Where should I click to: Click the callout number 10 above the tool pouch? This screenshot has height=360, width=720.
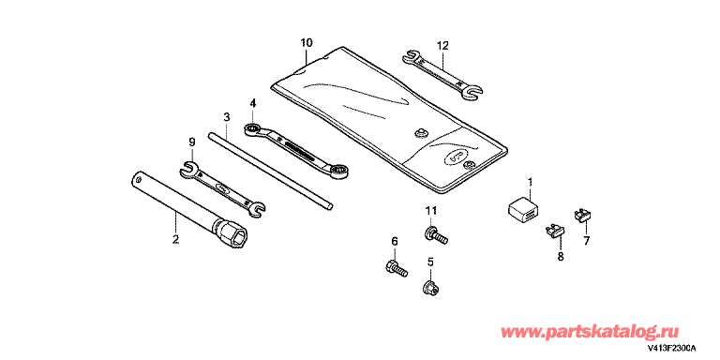[x=307, y=43]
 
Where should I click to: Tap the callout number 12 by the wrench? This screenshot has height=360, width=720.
[x=442, y=45]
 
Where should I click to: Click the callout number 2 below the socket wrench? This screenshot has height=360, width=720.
[x=175, y=239]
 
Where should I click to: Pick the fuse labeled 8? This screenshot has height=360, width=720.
[x=555, y=230]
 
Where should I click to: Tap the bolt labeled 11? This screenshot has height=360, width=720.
[x=436, y=234]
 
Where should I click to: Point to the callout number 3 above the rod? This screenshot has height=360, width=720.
[x=226, y=116]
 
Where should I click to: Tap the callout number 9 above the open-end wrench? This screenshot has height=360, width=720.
[x=192, y=142]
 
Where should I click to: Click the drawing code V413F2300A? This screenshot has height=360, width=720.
[x=672, y=350]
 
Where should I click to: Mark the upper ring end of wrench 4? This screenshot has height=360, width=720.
[x=252, y=129]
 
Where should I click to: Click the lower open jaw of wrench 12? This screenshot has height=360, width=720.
[x=472, y=92]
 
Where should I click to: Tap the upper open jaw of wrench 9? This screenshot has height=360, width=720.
[x=188, y=167]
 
